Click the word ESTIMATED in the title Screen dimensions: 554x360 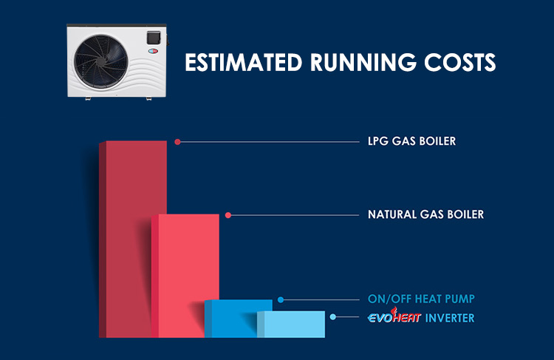[x=244, y=62]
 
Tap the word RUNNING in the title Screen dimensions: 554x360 [x=363, y=62]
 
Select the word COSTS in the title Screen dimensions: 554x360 [x=460, y=62]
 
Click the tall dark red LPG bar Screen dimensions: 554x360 [x=133, y=239]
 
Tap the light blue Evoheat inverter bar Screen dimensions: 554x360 [x=291, y=325]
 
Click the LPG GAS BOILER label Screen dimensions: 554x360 [x=411, y=141]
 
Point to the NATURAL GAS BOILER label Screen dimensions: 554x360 [x=425, y=214]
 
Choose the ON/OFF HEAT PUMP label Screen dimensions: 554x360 [x=421, y=299]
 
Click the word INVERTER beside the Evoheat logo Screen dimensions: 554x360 [x=449, y=318]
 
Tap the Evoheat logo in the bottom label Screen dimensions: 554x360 [x=394, y=316]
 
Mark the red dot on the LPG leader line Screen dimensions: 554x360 [x=178, y=142]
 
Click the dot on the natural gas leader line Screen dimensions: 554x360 [x=228, y=215]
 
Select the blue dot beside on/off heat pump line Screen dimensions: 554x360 [x=281, y=300]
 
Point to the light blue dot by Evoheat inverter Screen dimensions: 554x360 [x=333, y=317]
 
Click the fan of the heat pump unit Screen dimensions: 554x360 [x=101, y=62]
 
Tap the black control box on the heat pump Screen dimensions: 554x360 [x=154, y=38]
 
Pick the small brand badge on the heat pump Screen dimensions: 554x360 [x=153, y=51]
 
